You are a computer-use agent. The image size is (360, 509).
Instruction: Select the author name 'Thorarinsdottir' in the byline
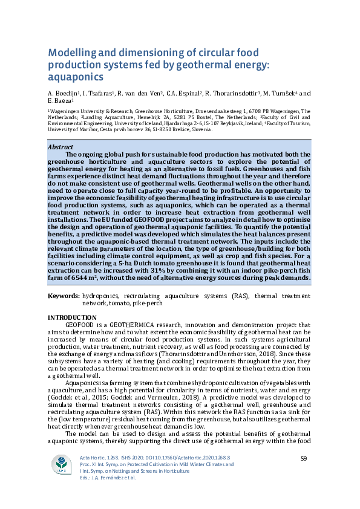[x=232, y=94]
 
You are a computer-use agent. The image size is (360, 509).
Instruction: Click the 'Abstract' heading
[x=61, y=147]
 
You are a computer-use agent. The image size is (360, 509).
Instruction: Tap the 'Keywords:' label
[x=64, y=296]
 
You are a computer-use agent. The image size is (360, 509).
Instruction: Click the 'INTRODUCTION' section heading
[x=71, y=318]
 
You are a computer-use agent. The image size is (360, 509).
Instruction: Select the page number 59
[x=304, y=459]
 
